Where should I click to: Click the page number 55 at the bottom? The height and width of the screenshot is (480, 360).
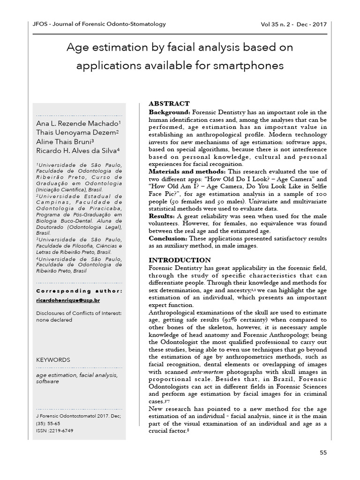(x=322, y=452)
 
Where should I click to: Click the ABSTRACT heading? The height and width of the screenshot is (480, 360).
(x=169, y=104)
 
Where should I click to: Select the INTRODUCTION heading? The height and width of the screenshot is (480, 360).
(x=180, y=260)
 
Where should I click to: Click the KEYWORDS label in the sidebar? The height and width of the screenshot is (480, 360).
(x=53, y=360)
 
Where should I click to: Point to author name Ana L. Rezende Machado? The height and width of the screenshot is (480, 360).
(x=78, y=123)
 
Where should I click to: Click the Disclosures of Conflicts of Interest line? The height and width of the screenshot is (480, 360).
(x=79, y=313)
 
